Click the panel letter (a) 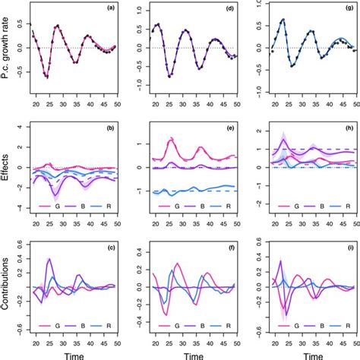click(111, 8)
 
